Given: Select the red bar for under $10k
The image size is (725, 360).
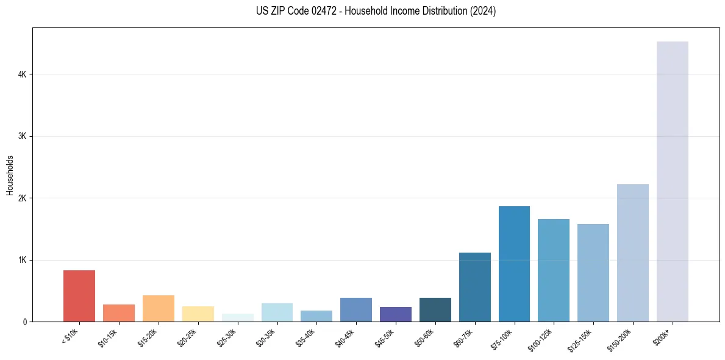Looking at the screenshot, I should [x=79, y=296].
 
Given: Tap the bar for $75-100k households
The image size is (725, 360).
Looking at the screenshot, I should [x=514, y=264].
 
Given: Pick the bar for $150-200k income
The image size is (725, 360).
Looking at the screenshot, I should [x=632, y=253].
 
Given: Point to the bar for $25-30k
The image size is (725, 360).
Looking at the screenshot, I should [x=237, y=317].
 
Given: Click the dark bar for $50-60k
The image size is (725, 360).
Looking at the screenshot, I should [x=435, y=309].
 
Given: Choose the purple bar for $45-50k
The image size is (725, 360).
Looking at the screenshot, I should [x=395, y=314].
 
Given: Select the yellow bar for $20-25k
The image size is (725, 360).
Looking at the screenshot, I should [x=198, y=314].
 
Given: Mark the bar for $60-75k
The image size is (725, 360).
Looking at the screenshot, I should [x=474, y=287].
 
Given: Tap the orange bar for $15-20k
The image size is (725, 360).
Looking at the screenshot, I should [x=158, y=308].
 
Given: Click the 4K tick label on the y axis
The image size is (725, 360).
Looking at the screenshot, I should [x=22, y=74].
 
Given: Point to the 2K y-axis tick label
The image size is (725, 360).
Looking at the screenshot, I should [x=22, y=198].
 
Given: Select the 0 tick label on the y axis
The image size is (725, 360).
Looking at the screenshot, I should [x=24, y=322].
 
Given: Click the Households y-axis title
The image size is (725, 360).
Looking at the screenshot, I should [x=10, y=175].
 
